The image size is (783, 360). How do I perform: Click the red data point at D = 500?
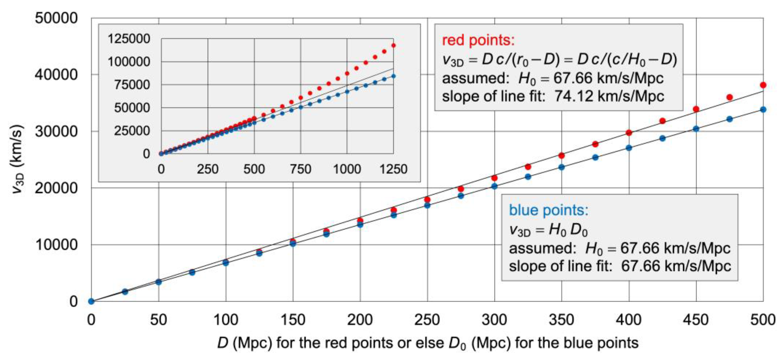tap(763, 85)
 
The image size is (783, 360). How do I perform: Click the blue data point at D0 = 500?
tap(763, 109)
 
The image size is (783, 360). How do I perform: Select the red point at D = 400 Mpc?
tap(629, 132)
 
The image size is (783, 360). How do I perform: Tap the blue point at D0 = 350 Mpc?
tap(561, 167)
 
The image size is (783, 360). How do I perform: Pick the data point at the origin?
tap(91, 301)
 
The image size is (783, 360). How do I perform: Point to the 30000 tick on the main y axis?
tap(56, 131)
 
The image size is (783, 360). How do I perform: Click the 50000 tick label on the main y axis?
tap(56, 18)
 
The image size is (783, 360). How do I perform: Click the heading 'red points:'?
tap(478, 40)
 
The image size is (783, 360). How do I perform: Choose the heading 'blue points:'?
tap(549, 210)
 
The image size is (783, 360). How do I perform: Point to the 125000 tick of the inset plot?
tap(129, 39)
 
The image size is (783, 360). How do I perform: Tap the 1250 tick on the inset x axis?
tap(393, 169)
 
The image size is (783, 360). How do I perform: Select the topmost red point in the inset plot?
tap(393, 45)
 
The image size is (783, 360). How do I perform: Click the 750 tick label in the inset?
tap(301, 169)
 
